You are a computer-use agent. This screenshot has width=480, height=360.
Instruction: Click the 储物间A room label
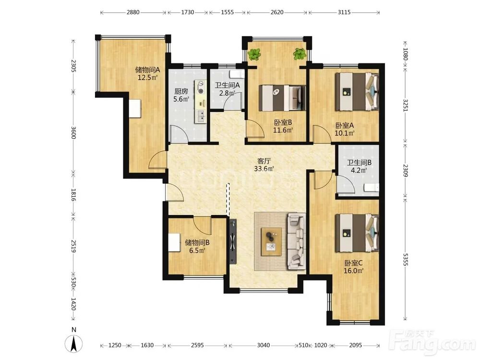click(147, 70)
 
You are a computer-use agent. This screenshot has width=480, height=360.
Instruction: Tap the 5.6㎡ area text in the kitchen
click(181, 99)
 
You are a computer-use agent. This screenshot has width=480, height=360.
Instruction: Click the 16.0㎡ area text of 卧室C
click(353, 271)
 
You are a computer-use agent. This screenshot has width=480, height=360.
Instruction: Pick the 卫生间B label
click(359, 163)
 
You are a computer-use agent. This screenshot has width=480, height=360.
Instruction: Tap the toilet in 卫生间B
click(372, 188)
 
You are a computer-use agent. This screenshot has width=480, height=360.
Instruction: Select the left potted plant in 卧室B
click(254, 55)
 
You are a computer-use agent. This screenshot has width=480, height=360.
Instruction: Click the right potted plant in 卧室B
click(300, 54)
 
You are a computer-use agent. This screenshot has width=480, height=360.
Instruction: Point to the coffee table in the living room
click(271, 242)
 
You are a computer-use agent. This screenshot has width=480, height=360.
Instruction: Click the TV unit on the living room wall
click(233, 241)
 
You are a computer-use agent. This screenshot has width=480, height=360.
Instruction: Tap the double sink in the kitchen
click(201, 116)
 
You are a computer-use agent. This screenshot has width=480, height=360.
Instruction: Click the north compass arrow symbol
click(73, 343)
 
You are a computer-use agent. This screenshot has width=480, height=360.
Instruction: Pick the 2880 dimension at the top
click(133, 12)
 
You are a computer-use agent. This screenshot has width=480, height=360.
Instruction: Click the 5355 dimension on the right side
click(405, 259)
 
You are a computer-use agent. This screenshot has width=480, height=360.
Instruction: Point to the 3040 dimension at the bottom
click(263, 345)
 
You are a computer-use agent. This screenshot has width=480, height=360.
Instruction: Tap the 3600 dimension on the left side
click(73, 132)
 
